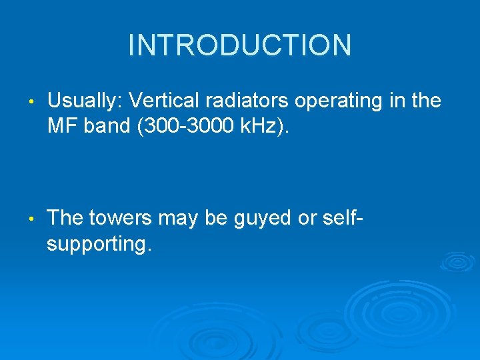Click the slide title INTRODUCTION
pyautogui.click(x=239, y=45)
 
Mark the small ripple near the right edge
pyautogui.click(x=456, y=261)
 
